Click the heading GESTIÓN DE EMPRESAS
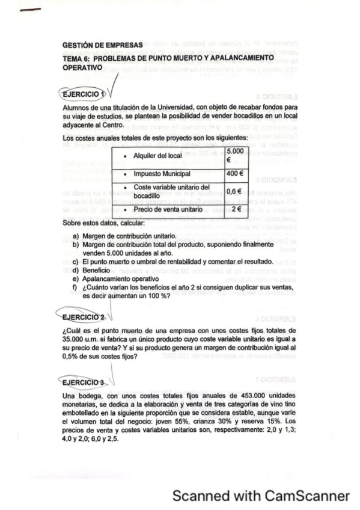[x=102, y=45]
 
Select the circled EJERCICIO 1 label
[x=83, y=94]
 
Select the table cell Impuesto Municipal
[x=162, y=174]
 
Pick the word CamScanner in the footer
[x=307, y=496]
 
